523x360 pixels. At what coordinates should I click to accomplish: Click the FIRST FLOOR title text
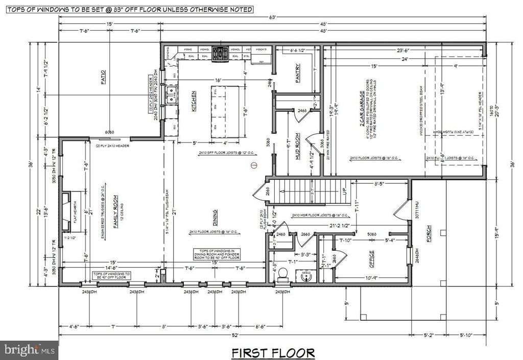(273, 352)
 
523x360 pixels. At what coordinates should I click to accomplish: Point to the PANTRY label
(298, 73)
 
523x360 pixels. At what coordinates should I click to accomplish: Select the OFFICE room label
(371, 260)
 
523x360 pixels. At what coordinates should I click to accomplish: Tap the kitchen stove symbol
(221, 52)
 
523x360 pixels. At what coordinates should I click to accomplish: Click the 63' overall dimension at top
(273, 16)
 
